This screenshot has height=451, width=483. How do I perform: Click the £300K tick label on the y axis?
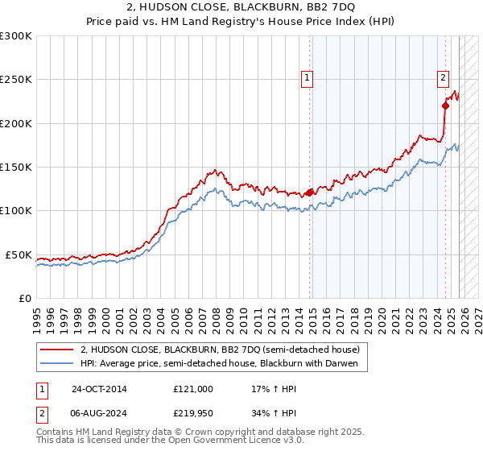pyautogui.click(x=16, y=36)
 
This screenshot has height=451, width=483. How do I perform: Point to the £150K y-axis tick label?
pyautogui.click(x=16, y=168)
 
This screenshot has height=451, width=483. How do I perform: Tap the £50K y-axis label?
pyautogui.click(x=19, y=254)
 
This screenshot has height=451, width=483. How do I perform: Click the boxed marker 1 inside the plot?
pyautogui.click(x=307, y=78)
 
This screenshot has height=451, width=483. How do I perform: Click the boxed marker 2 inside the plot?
pyautogui.click(x=443, y=78)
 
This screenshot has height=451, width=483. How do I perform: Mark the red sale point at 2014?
pyautogui.click(x=310, y=192)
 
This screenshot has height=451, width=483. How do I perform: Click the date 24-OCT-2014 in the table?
pyautogui.click(x=99, y=389)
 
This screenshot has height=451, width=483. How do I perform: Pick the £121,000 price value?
pyautogui.click(x=193, y=389)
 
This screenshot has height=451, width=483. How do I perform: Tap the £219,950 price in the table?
pyautogui.click(x=193, y=413)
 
